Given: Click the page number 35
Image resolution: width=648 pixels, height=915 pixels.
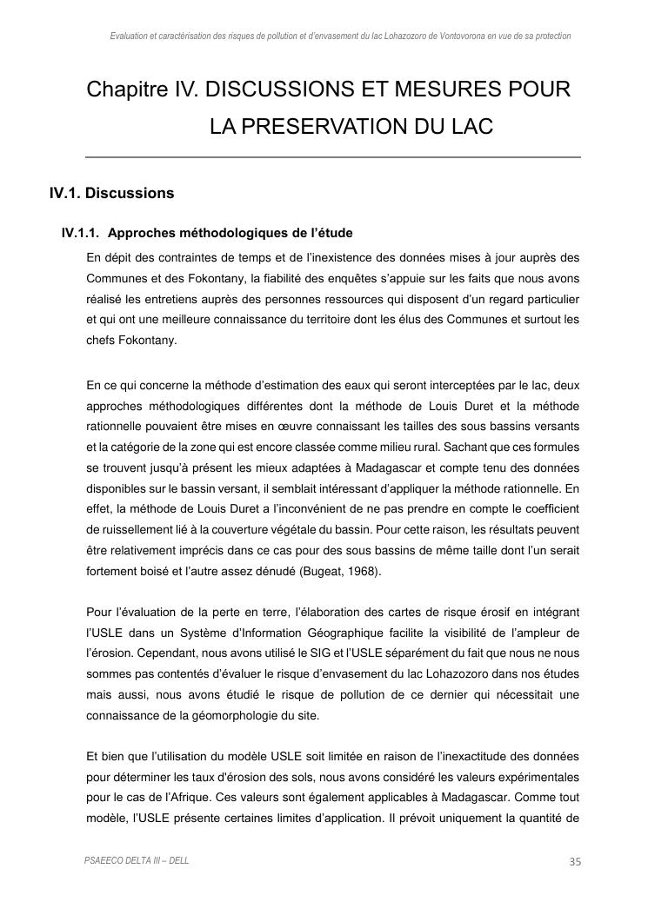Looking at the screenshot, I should [x=574, y=861].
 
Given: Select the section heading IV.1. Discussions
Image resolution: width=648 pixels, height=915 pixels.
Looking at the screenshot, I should [x=112, y=193].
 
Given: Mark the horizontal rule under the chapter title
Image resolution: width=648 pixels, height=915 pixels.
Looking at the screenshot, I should [x=333, y=157].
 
